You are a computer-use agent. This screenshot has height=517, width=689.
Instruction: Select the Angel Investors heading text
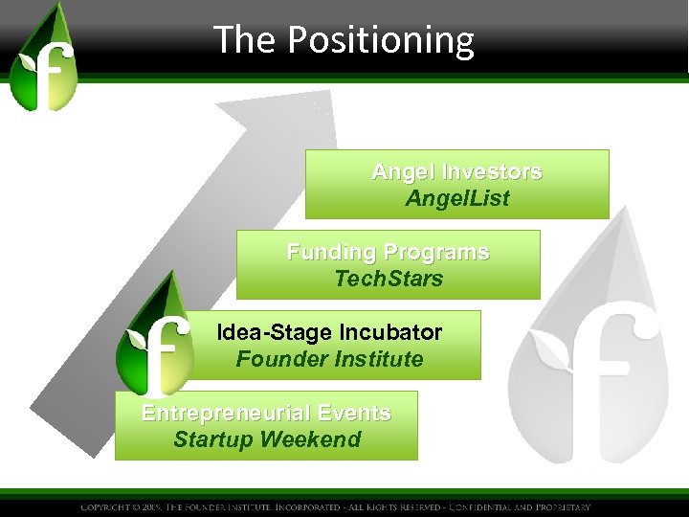[456, 172]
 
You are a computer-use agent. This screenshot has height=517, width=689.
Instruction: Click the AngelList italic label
[456, 199]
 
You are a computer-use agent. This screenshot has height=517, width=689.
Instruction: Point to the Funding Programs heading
[388, 253]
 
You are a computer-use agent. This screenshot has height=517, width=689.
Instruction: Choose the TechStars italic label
[388, 280]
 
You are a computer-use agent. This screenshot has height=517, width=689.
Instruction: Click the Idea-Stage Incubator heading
[329, 333]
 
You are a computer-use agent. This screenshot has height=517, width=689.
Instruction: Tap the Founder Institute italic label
[329, 360]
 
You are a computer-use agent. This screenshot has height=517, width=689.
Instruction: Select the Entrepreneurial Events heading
[266, 414]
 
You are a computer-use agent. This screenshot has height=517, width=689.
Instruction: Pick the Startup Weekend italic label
[266, 440]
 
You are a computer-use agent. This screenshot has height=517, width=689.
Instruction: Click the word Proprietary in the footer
[560, 507]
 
